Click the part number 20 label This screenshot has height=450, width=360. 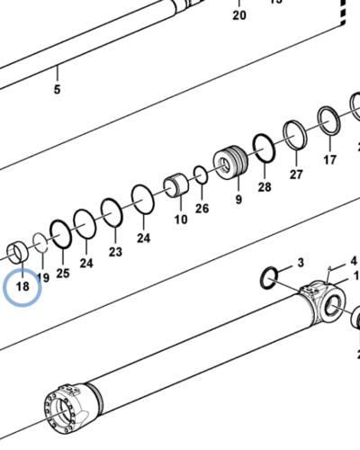tap(238, 15)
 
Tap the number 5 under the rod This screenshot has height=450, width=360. tap(56, 90)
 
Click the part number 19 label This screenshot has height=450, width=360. tap(43, 267)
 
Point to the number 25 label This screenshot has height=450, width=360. tap(62, 271)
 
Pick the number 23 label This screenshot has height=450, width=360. tap(115, 251)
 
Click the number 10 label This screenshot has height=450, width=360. tap(180, 219)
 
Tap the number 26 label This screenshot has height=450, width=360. tap(202, 209)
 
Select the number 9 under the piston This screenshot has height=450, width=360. tap(238, 199)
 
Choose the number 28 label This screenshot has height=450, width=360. tap(264, 186)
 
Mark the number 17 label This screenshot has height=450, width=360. tap(329, 159)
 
